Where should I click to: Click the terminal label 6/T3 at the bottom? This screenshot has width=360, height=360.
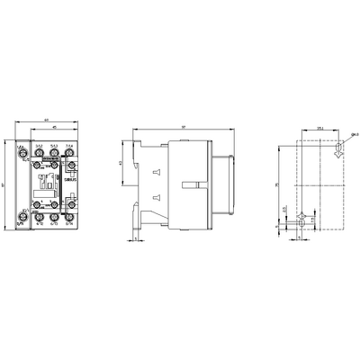(54, 226)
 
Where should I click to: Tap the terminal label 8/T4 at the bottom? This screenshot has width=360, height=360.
(68, 226)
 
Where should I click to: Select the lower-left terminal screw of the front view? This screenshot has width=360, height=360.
(26, 214)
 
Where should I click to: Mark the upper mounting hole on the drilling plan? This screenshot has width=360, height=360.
(337, 153)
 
